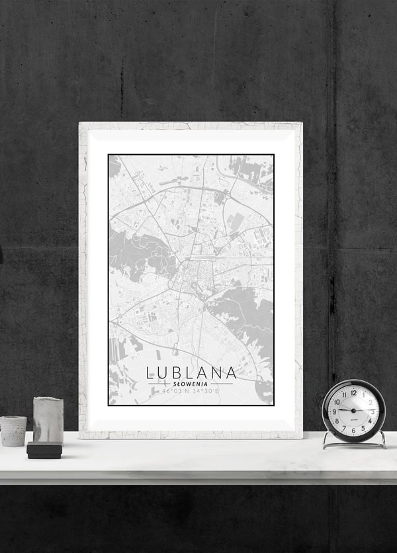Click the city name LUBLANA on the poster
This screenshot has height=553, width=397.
click(191, 372)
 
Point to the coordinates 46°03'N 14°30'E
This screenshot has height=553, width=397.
click(191, 391)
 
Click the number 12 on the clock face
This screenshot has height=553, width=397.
click(353, 392)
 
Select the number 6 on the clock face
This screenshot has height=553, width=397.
click(353, 431)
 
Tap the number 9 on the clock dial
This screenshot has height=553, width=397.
click(334, 411)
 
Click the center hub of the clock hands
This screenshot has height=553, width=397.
click(353, 411)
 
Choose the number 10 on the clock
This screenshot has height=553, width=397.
click(337, 402)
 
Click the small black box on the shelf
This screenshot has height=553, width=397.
click(44, 450)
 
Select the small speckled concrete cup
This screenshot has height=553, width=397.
click(13, 431)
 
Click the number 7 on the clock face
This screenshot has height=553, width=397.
click(344, 428)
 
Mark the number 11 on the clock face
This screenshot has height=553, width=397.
click(343, 395)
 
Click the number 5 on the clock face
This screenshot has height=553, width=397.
click(363, 428)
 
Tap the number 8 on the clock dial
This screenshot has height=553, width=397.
click(337, 421)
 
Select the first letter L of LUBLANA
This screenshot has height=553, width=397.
click(151, 372)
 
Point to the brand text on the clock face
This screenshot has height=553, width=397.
click(353, 419)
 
